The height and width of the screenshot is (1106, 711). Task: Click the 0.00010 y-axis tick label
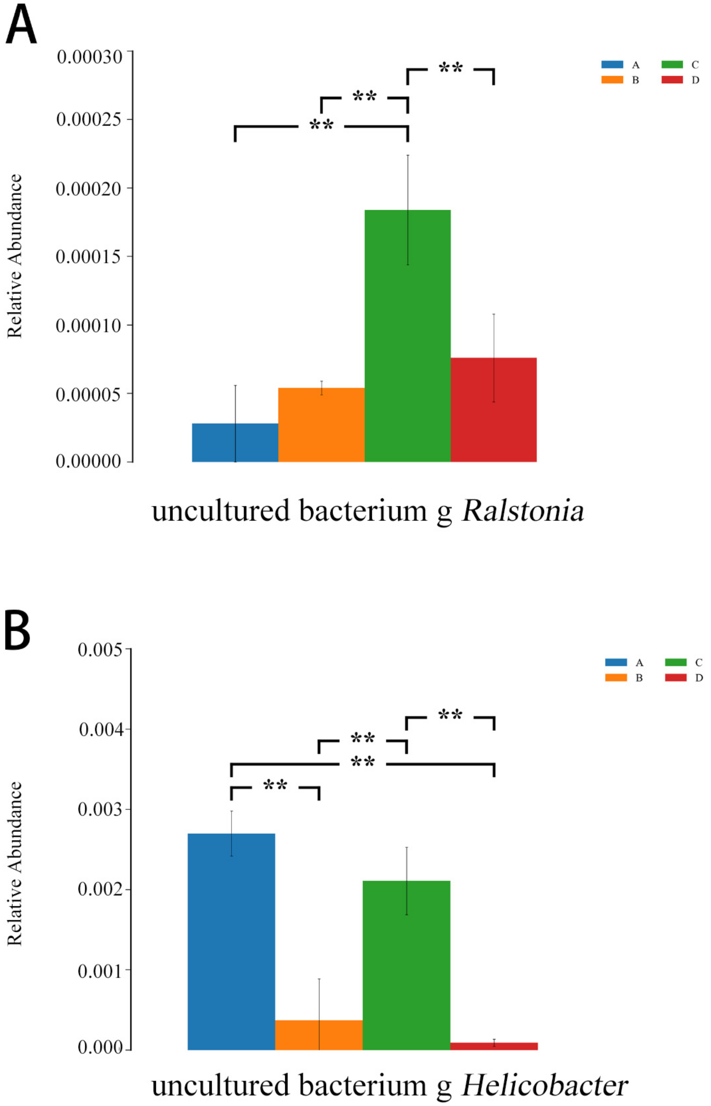89,325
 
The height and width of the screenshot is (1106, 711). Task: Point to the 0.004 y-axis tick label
101,730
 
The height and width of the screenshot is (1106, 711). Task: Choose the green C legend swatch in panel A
672,65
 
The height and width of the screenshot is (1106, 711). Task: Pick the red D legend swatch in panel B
676,678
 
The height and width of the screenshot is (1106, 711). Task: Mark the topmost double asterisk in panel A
451,68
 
